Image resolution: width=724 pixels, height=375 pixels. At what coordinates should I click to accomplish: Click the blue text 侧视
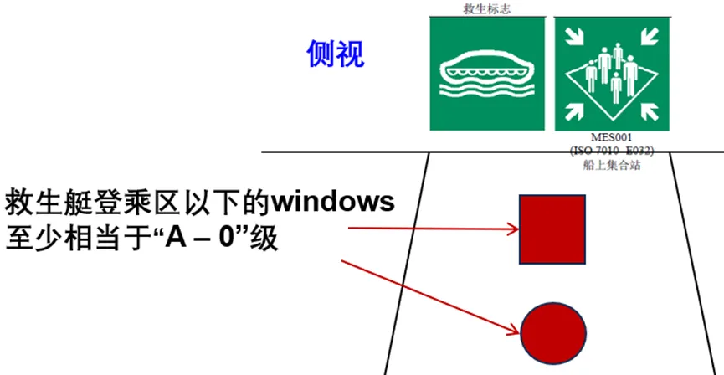(335, 55)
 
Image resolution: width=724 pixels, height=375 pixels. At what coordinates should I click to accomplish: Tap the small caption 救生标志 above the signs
(487, 9)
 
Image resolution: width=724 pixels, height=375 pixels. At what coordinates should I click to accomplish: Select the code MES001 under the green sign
(614, 138)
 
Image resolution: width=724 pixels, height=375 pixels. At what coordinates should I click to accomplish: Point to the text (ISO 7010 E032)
(614, 151)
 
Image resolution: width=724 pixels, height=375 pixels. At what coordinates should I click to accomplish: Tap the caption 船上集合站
(614, 164)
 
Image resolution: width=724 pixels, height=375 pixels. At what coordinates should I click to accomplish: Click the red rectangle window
(552, 229)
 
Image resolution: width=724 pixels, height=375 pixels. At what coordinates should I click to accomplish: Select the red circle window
(554, 326)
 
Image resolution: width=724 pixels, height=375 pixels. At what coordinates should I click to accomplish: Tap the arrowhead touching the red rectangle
(512, 227)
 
